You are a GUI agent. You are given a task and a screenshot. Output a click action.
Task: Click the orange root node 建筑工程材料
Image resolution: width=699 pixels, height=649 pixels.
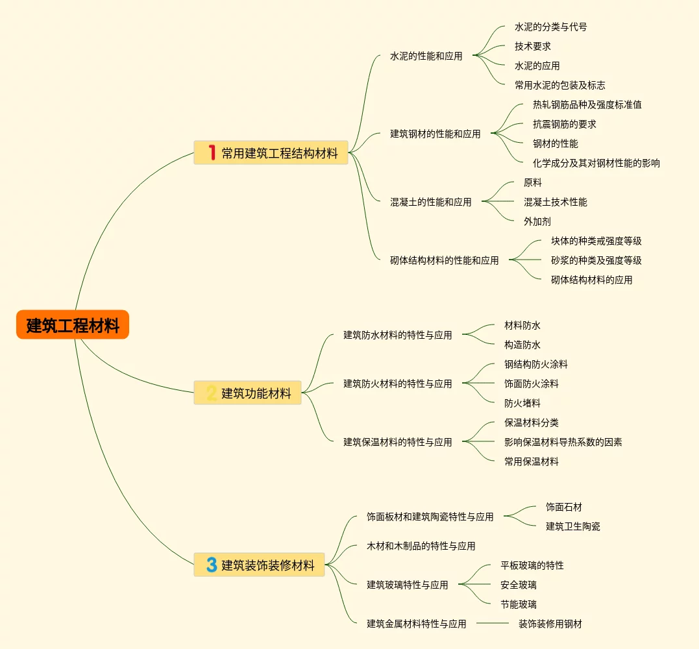[73, 325]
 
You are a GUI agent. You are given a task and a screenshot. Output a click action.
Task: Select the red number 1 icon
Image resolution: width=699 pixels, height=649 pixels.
[211, 153]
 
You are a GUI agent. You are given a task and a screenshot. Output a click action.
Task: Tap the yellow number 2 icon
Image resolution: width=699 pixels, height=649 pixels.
[211, 393]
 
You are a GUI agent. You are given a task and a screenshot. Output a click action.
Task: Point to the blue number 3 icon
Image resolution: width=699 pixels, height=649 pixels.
[211, 565]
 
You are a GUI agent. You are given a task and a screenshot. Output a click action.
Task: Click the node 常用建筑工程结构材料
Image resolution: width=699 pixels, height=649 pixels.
[280, 153]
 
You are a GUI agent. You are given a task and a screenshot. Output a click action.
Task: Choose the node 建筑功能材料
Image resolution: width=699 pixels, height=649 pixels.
[256, 393]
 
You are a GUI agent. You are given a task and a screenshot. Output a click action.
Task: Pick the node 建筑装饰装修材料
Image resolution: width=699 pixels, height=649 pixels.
[268, 565]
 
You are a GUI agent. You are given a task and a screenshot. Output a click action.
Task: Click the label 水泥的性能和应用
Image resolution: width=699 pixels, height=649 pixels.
[426, 56]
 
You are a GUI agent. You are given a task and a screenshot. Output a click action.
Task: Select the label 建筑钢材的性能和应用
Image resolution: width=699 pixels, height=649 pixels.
[435, 134]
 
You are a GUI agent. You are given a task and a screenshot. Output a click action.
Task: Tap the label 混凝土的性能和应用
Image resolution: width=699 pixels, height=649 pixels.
[430, 202]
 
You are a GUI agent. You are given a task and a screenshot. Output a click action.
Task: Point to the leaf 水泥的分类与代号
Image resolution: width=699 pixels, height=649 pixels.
[550, 27]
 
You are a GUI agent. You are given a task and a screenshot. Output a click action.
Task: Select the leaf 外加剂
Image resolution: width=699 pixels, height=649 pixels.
[537, 221]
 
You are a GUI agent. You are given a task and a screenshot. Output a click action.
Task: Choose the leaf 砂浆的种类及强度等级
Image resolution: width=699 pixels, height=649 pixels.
[596, 260]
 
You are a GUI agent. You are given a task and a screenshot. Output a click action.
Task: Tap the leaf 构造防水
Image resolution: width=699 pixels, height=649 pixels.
[522, 345]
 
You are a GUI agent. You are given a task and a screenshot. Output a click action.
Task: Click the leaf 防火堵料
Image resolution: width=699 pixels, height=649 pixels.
[522, 403]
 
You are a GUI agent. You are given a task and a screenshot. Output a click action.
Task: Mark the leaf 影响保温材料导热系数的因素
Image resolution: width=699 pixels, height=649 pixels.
[563, 442]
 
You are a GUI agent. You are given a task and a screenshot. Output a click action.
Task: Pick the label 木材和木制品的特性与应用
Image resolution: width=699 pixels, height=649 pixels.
[421, 546]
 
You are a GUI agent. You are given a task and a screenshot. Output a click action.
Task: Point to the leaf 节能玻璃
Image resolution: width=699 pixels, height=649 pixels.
[518, 604]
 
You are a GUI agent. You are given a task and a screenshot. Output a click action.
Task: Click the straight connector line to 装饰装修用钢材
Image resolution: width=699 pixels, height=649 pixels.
[493, 624]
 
